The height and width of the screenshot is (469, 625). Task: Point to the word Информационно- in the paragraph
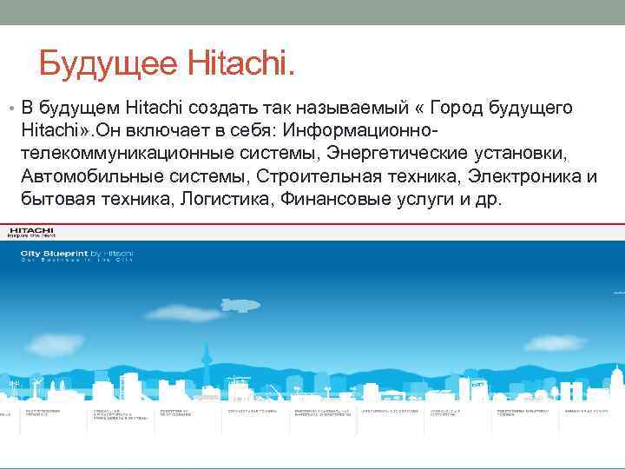(365, 130)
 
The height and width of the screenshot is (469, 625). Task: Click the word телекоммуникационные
(122, 154)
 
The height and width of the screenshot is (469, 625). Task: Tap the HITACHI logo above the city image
(30, 232)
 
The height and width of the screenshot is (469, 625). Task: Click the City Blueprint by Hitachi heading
(76, 254)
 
